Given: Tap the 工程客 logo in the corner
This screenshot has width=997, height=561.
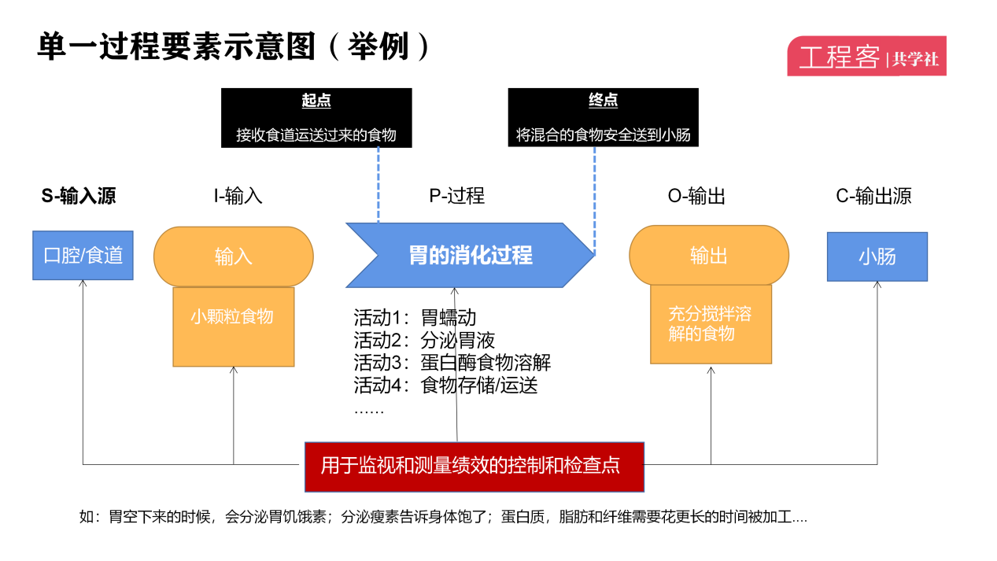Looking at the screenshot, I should click(x=866, y=57).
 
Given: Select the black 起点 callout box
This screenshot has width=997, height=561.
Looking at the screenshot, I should click(x=316, y=118).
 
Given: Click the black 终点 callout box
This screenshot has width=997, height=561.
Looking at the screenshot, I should click(x=603, y=118).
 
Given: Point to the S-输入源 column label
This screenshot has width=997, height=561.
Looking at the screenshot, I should click(x=79, y=196).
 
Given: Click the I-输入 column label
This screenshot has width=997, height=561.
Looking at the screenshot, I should click(x=238, y=196).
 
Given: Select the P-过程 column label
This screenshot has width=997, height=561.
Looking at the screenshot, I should click(x=456, y=196).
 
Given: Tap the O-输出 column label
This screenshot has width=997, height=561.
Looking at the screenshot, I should click(x=696, y=196).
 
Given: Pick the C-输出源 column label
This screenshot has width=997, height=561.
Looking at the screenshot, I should click(x=873, y=196).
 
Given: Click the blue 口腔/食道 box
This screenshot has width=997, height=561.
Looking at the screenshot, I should click(x=83, y=256).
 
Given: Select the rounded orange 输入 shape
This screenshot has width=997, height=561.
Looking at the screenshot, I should click(x=233, y=257).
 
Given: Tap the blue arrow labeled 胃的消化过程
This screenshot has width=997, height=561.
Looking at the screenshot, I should click(x=470, y=255).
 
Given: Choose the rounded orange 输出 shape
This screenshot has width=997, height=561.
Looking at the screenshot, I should click(x=708, y=257).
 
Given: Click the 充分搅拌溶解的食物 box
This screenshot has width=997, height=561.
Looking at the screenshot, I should click(x=711, y=324).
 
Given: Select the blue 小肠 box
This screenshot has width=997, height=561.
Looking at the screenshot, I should click(x=877, y=257).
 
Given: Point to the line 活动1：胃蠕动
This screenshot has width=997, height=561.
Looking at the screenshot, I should click(x=415, y=318).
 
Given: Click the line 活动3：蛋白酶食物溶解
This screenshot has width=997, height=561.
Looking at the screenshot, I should click(x=452, y=363).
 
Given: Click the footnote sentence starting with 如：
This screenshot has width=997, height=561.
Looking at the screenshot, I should click(x=443, y=517).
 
